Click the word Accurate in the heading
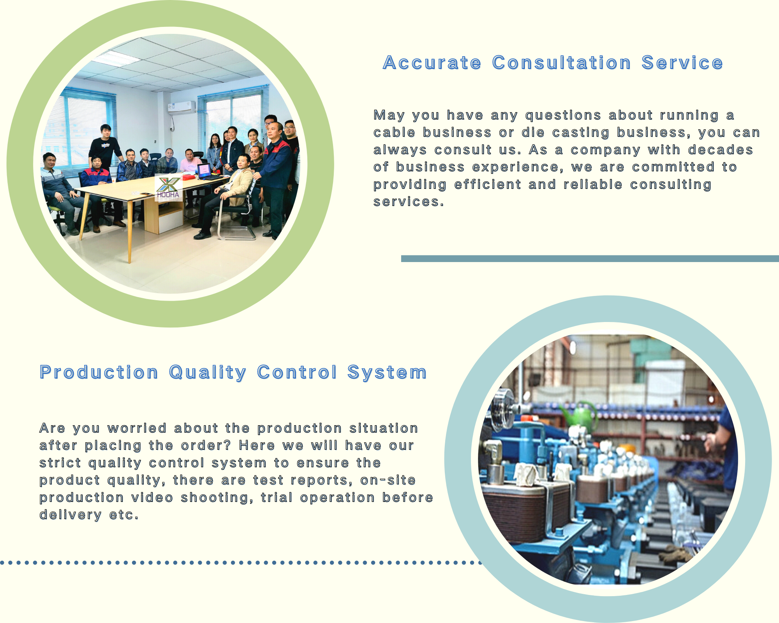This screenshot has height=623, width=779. [432, 63]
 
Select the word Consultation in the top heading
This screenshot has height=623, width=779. [561, 63]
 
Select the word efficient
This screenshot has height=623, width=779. [488, 184]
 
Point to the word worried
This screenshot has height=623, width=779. [137, 428]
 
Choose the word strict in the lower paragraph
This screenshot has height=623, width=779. [60, 463]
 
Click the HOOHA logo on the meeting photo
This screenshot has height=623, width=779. [168, 188]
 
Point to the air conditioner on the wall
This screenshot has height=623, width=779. [182, 107]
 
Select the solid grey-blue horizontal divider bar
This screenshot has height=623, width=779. [590, 259]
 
